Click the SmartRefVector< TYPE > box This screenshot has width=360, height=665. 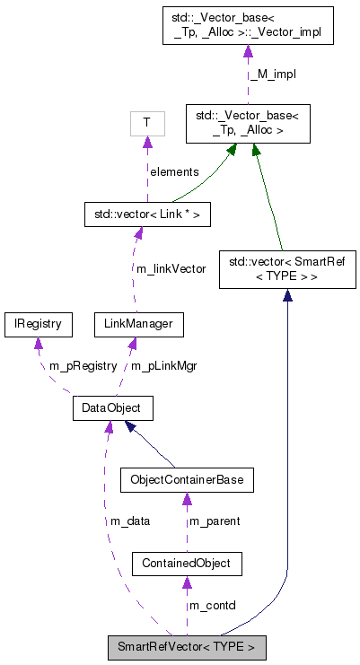click(x=187, y=646)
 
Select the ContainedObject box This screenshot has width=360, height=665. click(x=187, y=564)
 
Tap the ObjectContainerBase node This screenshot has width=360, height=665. click(x=187, y=480)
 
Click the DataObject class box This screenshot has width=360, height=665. click(x=112, y=409)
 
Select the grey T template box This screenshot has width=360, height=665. click(x=146, y=122)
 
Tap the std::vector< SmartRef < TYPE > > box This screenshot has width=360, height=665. click(x=287, y=270)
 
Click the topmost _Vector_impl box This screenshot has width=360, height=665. click(x=247, y=24)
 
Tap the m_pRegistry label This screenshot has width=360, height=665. click(x=83, y=365)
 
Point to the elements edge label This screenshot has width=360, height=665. click(x=174, y=171)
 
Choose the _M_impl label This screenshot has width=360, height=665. click(x=274, y=74)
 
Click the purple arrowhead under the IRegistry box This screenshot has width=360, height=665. click(x=38, y=344)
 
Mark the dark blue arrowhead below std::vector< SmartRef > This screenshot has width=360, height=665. click(x=287, y=297)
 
